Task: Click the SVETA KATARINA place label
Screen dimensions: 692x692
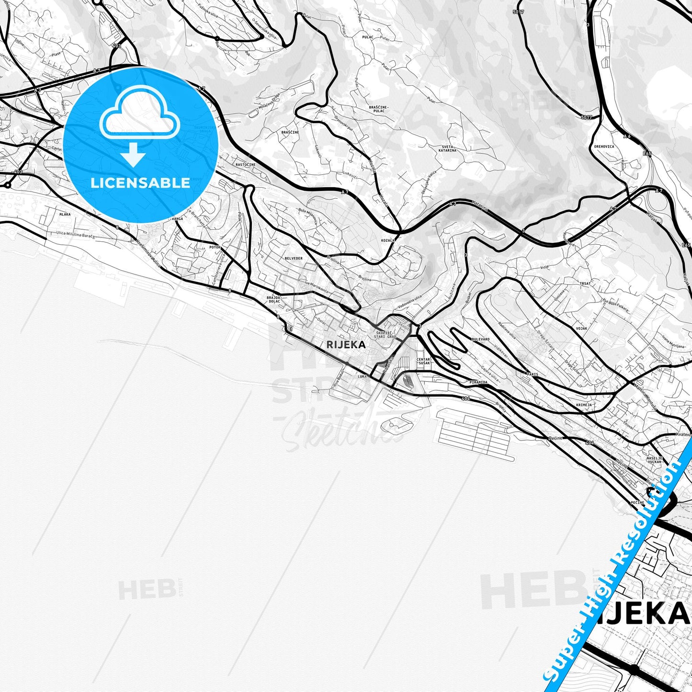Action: point(449,148)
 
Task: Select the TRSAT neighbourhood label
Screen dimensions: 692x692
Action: point(585,284)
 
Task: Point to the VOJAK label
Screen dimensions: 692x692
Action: point(581,329)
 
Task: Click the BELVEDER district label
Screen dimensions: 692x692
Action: point(293,258)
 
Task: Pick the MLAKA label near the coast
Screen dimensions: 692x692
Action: point(64,215)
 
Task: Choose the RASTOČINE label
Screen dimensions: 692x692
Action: point(245,165)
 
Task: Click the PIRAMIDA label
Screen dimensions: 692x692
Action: point(478,382)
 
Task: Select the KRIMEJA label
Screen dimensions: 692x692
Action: point(584,405)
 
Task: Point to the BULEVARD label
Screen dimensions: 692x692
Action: point(480,339)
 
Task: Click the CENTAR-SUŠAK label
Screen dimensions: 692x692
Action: point(424,361)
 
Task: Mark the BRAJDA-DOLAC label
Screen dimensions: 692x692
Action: point(273,299)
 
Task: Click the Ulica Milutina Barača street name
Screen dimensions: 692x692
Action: point(75,235)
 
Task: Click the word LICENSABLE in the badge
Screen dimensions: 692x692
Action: point(140,182)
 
